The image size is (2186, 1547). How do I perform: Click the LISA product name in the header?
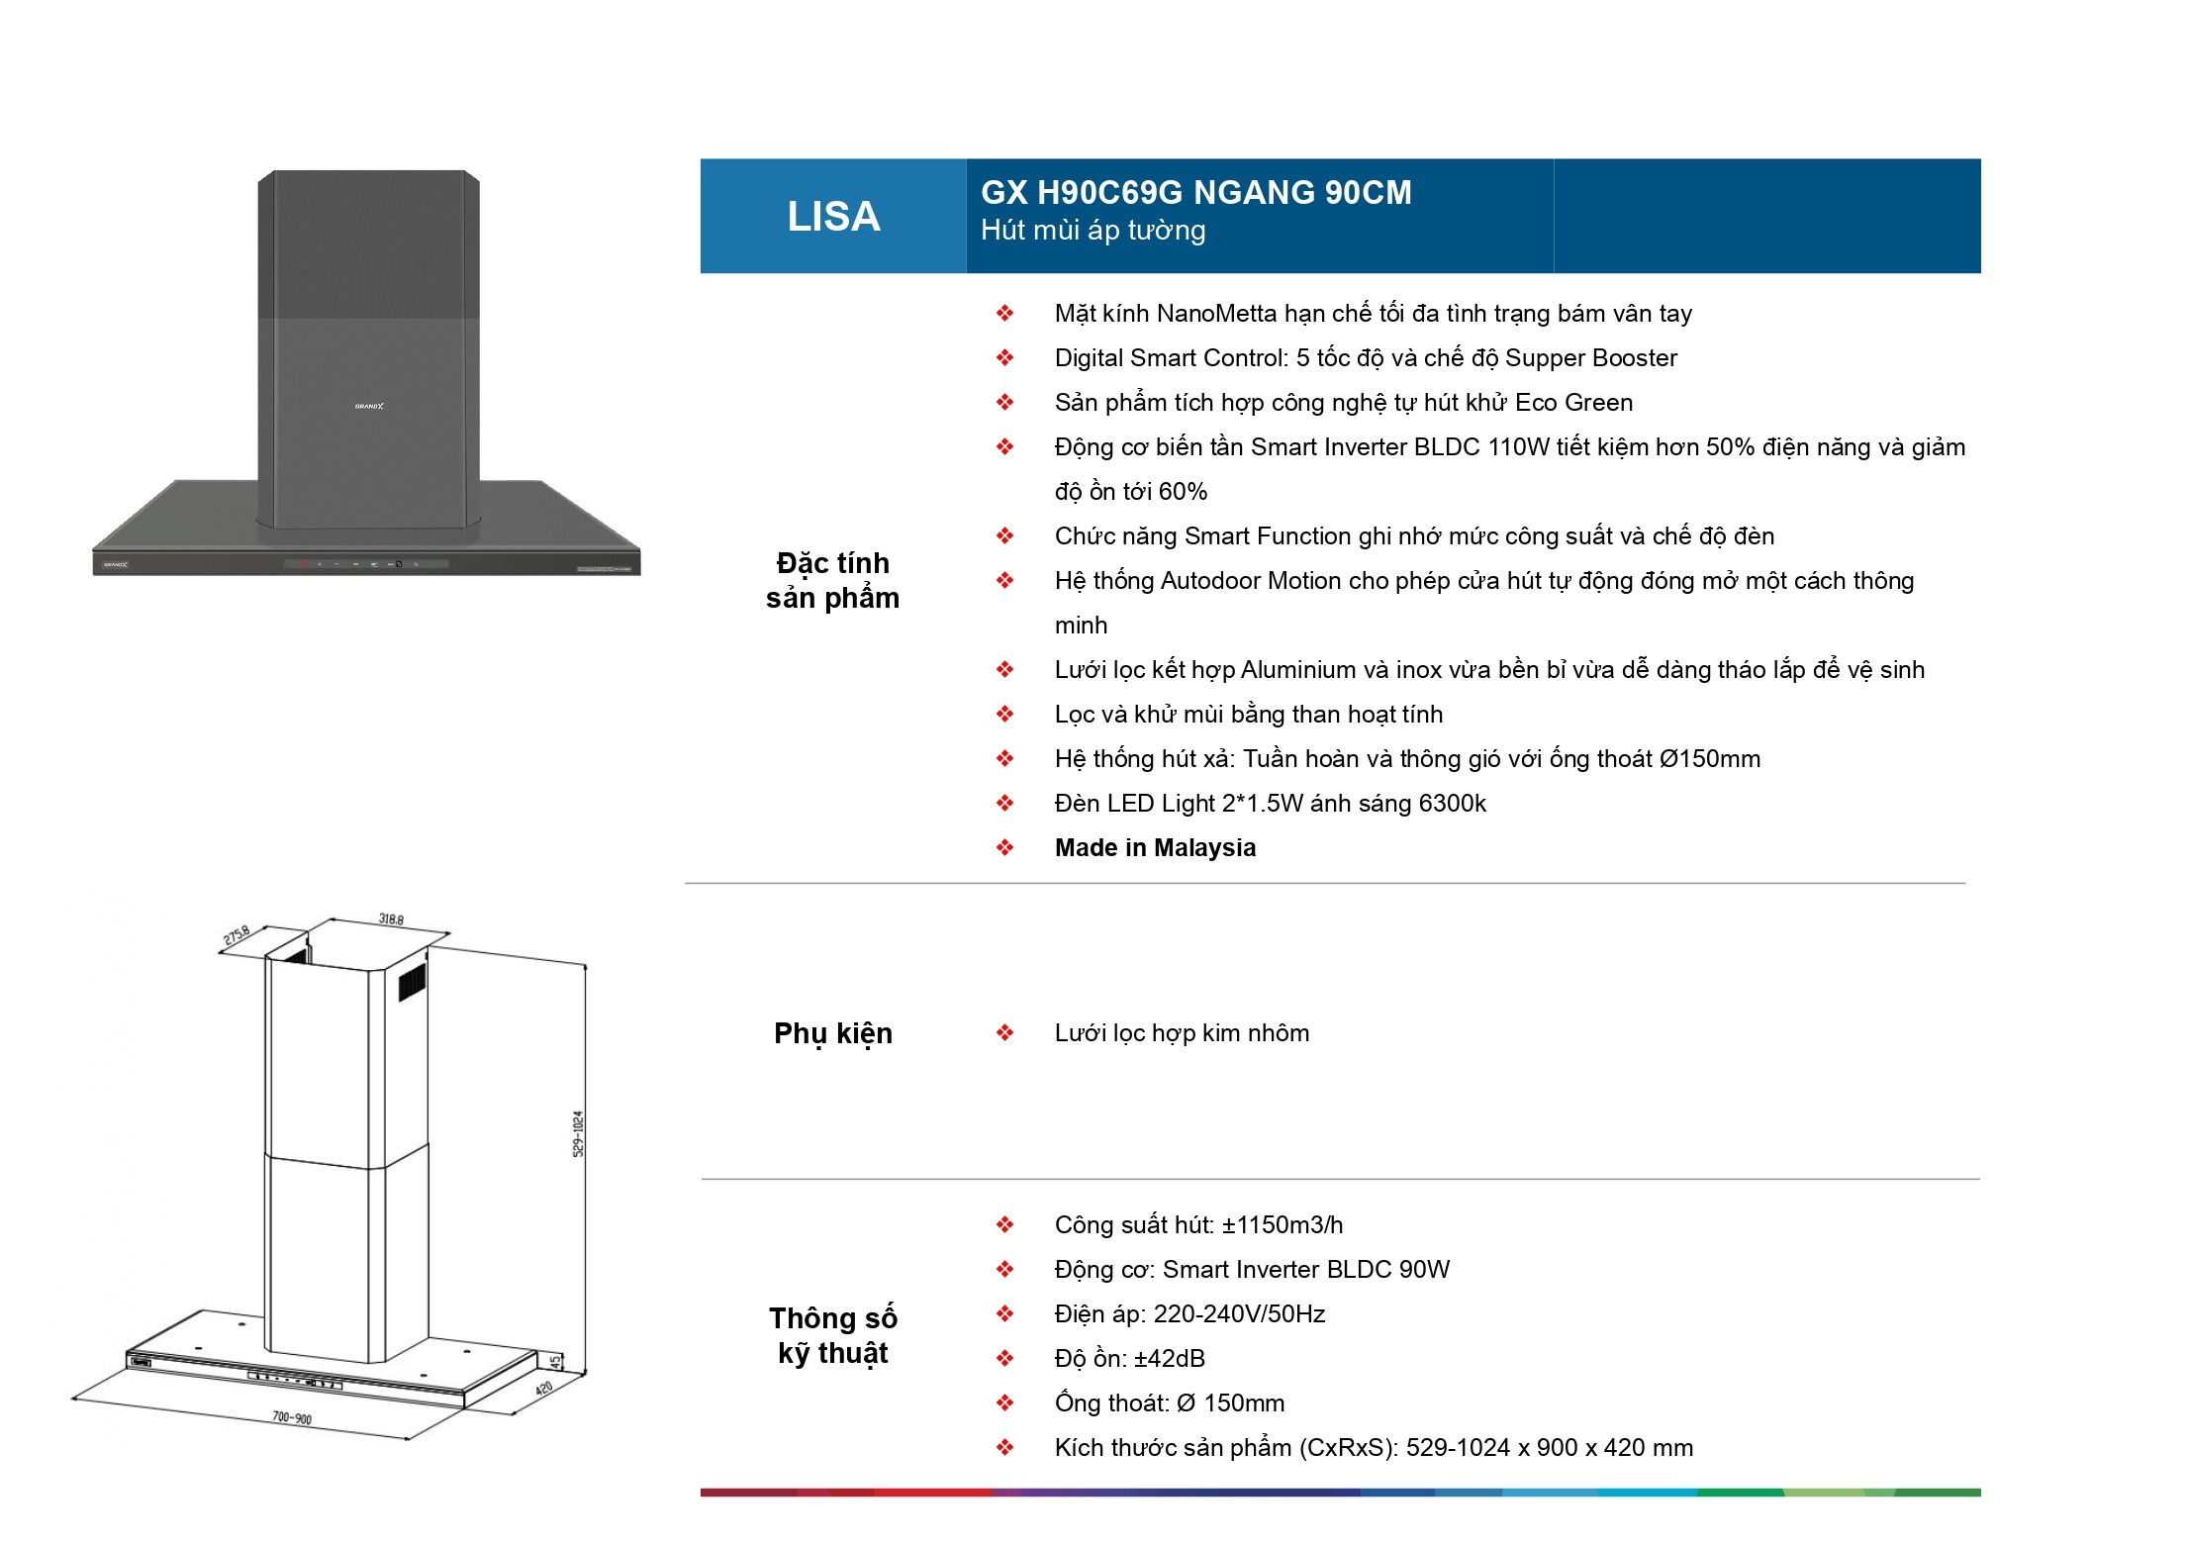point(833,216)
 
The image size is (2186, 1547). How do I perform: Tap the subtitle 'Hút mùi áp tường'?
point(1093,231)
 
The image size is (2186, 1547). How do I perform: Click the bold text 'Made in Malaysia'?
point(1155,848)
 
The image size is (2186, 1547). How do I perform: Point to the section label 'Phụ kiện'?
point(833,1033)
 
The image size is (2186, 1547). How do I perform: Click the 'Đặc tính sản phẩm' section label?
point(833,580)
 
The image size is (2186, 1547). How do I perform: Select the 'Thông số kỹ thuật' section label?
point(833,1335)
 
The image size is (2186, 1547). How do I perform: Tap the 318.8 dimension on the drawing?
point(391,919)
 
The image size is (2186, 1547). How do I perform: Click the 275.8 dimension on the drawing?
point(237,934)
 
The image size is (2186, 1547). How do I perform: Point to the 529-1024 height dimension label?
point(579,1133)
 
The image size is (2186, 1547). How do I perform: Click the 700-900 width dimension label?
point(292,1417)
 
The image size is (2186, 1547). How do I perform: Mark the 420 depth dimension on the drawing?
point(544,1389)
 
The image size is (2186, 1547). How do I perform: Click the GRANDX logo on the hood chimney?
point(369,406)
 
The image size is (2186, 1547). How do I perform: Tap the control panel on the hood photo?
point(367,564)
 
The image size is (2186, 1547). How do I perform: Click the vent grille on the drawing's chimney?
point(412,982)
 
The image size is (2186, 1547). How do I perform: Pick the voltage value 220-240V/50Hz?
point(1239,1314)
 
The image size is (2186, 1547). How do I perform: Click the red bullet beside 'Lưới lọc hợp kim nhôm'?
point(1004,1033)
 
